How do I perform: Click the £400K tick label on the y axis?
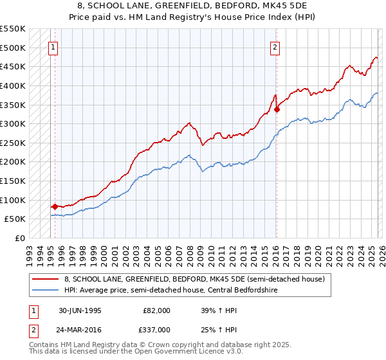13,85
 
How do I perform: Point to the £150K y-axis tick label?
13,181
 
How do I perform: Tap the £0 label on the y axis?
19,238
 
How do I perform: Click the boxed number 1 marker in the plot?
53,46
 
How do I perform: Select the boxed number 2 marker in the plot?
275,46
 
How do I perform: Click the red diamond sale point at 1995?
55,206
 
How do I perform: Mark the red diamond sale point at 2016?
277,109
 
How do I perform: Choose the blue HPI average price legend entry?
179,291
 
